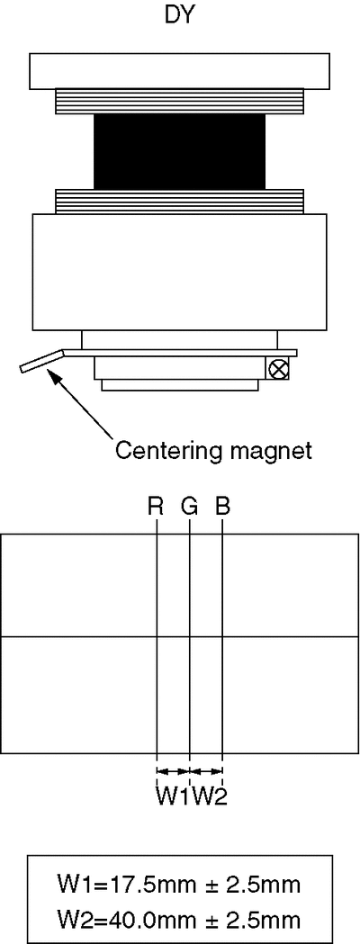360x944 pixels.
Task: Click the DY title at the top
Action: (x=180, y=16)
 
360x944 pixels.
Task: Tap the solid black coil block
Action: (x=179, y=151)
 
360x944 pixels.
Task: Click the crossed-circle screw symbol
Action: (x=277, y=369)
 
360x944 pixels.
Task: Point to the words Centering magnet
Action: (x=213, y=450)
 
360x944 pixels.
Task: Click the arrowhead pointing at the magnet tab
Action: (x=54, y=376)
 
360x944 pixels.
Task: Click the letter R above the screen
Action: (x=156, y=507)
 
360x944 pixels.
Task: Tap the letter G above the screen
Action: (x=189, y=507)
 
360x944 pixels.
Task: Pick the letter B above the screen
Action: (x=222, y=507)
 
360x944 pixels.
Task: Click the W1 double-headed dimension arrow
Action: (x=173, y=770)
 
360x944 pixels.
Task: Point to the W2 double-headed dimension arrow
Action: (x=206, y=770)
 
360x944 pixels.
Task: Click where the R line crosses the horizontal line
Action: (x=157, y=637)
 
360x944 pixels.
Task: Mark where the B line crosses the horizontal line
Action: (x=222, y=637)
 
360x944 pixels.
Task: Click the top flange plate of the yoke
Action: (x=179, y=71)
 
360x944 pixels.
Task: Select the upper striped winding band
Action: (x=179, y=101)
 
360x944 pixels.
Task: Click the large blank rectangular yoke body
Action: (x=179, y=272)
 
